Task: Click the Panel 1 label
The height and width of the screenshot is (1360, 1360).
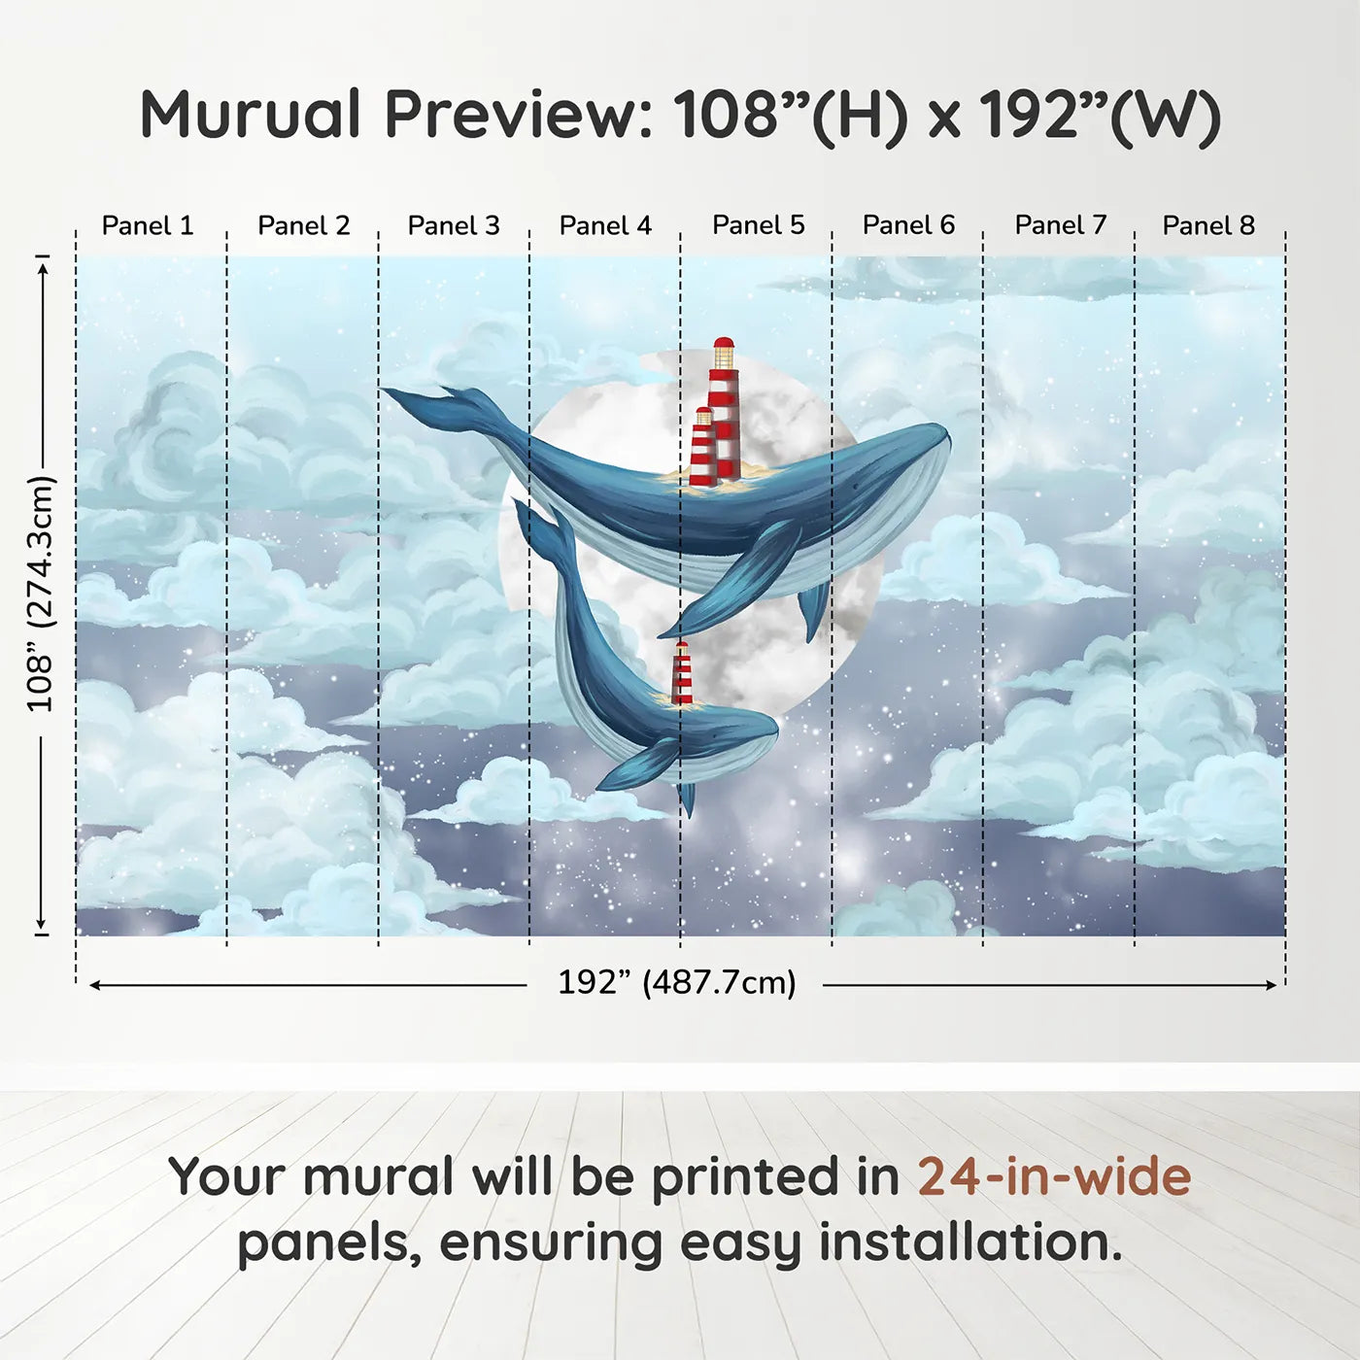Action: (x=148, y=225)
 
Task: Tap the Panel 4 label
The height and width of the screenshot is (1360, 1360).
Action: (x=605, y=225)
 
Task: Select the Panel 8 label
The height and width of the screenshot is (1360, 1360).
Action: (x=1208, y=225)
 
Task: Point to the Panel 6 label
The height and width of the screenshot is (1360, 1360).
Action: (x=908, y=225)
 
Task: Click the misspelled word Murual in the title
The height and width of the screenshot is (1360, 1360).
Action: (x=251, y=115)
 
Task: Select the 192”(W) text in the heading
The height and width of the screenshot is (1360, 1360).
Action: (x=1099, y=116)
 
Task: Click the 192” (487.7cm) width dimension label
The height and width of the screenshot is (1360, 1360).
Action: (x=676, y=982)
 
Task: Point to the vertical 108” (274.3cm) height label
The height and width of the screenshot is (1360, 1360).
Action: (x=41, y=594)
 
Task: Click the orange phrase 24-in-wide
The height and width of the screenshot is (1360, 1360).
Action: (x=1054, y=1176)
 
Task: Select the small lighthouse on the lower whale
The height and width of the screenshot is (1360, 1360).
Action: (x=682, y=673)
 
